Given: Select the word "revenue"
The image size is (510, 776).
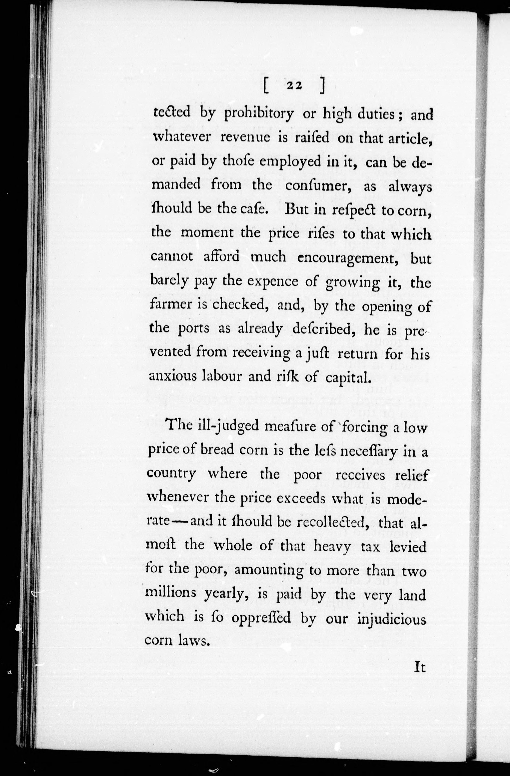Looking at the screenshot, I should click(245, 138).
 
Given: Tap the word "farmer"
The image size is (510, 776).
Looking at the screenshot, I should click(173, 305).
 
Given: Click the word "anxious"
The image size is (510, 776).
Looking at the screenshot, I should click(172, 376).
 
